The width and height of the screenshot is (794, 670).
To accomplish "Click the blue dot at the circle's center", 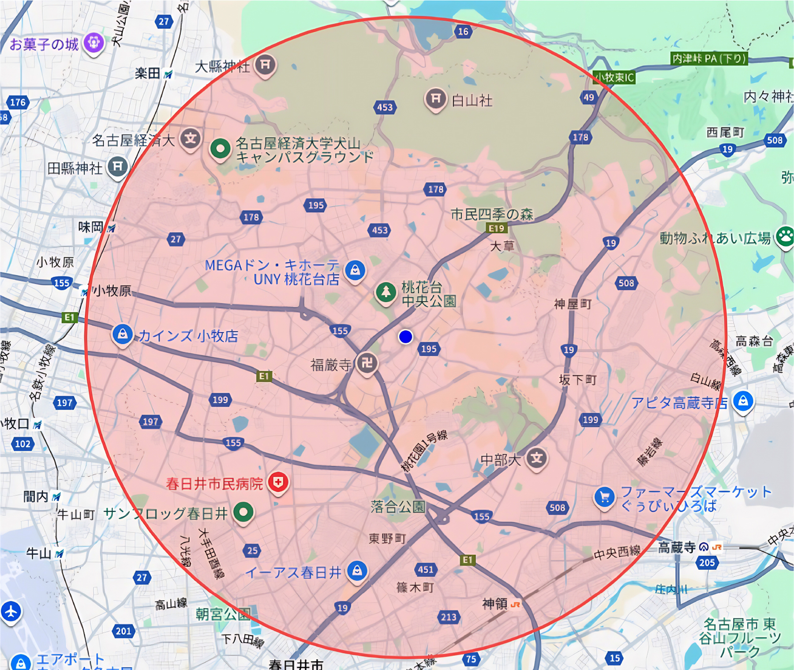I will (405, 337).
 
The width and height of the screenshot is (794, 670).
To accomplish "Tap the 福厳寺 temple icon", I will (367, 364).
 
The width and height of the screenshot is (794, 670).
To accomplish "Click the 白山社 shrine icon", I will (435, 98).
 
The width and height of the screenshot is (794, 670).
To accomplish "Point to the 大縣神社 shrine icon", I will (265, 65).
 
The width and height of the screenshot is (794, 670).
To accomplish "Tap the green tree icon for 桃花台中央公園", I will (386, 292).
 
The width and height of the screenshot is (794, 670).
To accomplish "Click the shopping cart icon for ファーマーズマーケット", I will (604, 497).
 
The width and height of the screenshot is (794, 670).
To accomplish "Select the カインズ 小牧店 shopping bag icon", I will (123, 334).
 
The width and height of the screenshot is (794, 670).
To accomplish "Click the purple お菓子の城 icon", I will (94, 43).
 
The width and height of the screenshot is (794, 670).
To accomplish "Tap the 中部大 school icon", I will (536, 458).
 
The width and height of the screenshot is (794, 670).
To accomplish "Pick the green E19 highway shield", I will (496, 228).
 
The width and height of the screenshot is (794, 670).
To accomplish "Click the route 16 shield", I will (463, 31).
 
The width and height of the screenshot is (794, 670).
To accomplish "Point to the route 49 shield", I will (588, 97).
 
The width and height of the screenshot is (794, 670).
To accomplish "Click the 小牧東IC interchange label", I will (614, 78).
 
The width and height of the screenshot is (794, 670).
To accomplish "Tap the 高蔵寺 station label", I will (677, 548).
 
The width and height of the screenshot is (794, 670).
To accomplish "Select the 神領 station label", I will (495, 603).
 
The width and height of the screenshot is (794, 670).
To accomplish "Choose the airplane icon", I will (11, 612).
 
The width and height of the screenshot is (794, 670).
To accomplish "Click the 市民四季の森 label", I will (491, 215).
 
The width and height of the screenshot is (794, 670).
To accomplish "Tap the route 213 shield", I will (448, 617).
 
